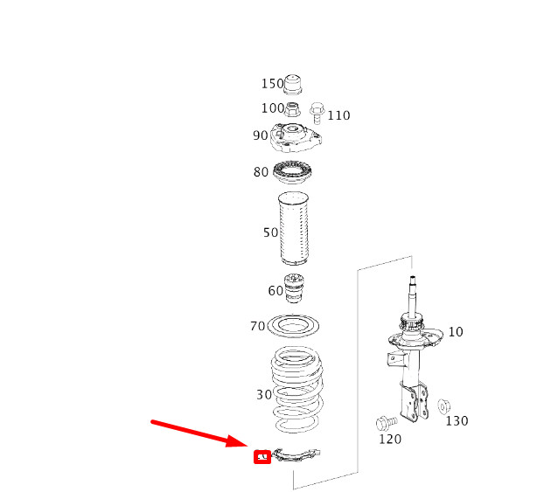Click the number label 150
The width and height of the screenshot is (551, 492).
[x=273, y=84]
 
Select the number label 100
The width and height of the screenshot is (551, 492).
[x=273, y=108]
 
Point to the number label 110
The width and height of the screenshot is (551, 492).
[x=338, y=115]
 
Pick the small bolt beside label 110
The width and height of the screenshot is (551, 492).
[x=317, y=112]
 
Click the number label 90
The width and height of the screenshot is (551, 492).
[x=261, y=135]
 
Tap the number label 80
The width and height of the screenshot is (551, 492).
[x=261, y=172]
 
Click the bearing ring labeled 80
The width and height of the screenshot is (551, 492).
[x=293, y=172]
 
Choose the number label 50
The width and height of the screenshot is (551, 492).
[x=270, y=232]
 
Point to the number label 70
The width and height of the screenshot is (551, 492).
[x=257, y=326]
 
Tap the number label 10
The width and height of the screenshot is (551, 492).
[x=457, y=332]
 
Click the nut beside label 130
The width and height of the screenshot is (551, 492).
[x=444, y=405]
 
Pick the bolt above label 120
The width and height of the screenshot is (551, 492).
[x=384, y=423]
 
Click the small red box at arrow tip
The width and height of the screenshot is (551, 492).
[x=261, y=456]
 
